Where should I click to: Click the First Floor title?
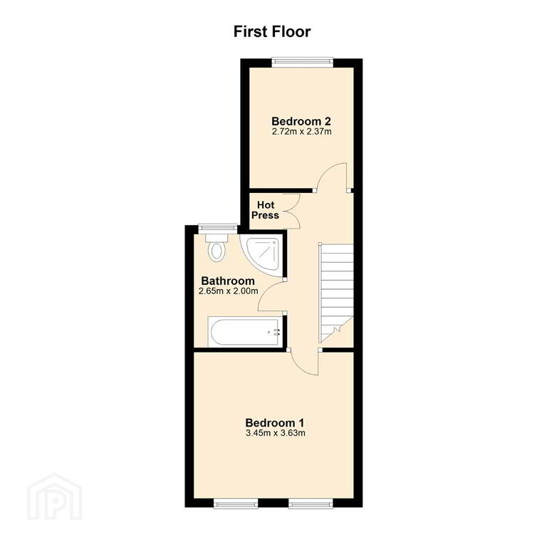coord(272,31)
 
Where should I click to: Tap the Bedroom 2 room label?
coord(301,121)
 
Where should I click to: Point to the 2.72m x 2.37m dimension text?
coord(301,132)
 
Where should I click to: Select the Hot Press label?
coord(266,210)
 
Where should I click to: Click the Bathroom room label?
coord(228,281)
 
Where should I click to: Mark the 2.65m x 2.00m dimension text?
coord(228,291)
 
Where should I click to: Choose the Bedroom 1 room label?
coord(274,423)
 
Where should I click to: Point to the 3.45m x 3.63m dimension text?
coord(275,433)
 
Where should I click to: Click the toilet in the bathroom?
coord(217,248)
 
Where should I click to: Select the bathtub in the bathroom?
coord(245,332)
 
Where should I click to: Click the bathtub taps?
coord(276,332)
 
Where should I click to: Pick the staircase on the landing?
coord(336,293)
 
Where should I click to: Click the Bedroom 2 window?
coord(302,62)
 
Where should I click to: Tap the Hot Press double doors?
coord(292,211)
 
